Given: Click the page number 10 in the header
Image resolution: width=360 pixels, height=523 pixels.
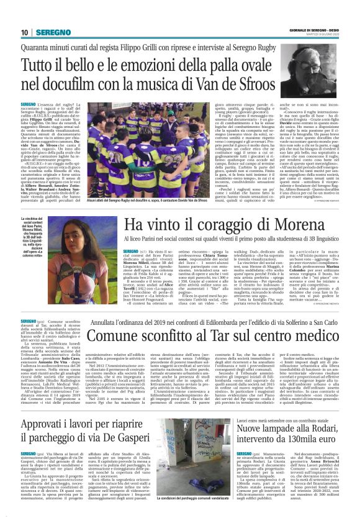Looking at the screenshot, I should point(25,32).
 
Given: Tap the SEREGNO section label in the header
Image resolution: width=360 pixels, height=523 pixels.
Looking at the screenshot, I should point(53,32).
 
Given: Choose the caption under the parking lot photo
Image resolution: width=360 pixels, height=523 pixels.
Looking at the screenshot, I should point(197,501).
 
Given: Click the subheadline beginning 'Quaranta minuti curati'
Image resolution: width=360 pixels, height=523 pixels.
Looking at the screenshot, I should point(179,46).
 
